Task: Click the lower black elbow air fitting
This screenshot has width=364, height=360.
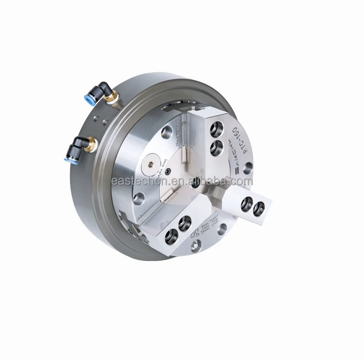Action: point(79,144)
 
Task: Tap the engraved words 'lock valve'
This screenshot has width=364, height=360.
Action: point(165,167)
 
